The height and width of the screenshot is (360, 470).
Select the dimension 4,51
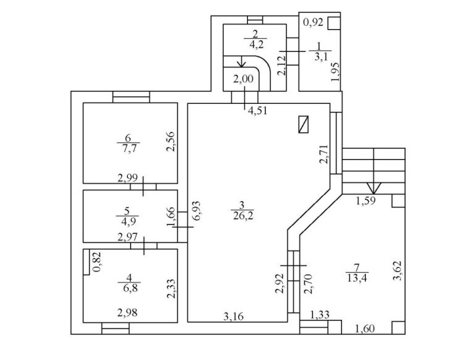[x=258, y=111]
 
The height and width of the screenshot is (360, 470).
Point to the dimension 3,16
[x=233, y=317]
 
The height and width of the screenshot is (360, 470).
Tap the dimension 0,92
[x=312, y=24]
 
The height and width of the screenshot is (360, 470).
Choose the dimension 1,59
[x=367, y=201]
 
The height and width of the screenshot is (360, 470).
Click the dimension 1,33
[x=320, y=315]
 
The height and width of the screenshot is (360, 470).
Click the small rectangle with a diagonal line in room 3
[x=304, y=124]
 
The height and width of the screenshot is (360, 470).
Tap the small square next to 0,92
[x=333, y=24]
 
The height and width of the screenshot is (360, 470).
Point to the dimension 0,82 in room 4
[x=96, y=262]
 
